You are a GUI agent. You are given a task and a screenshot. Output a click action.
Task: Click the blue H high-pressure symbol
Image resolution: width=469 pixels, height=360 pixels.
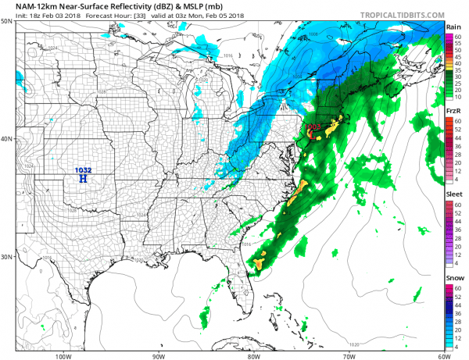[83, 179]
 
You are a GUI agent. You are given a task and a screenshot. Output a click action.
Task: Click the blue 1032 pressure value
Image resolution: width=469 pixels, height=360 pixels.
[82, 170]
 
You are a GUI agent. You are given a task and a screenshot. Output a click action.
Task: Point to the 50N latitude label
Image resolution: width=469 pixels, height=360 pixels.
[8, 21]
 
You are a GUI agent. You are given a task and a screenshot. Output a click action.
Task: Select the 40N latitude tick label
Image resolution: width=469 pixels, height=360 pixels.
[8, 139]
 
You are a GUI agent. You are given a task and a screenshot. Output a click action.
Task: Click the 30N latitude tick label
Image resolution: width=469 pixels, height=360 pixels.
[8, 257]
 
